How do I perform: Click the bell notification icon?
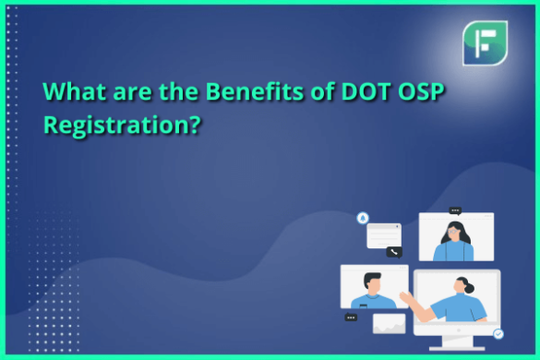coord(363,219)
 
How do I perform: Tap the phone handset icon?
coord(394,251)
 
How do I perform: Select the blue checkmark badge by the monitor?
coord(498,333)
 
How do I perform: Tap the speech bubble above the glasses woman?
coord(454,210)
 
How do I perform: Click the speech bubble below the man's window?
coord(351,318)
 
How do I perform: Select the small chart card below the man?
coord(389,323)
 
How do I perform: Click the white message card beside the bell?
coord(383,234)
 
